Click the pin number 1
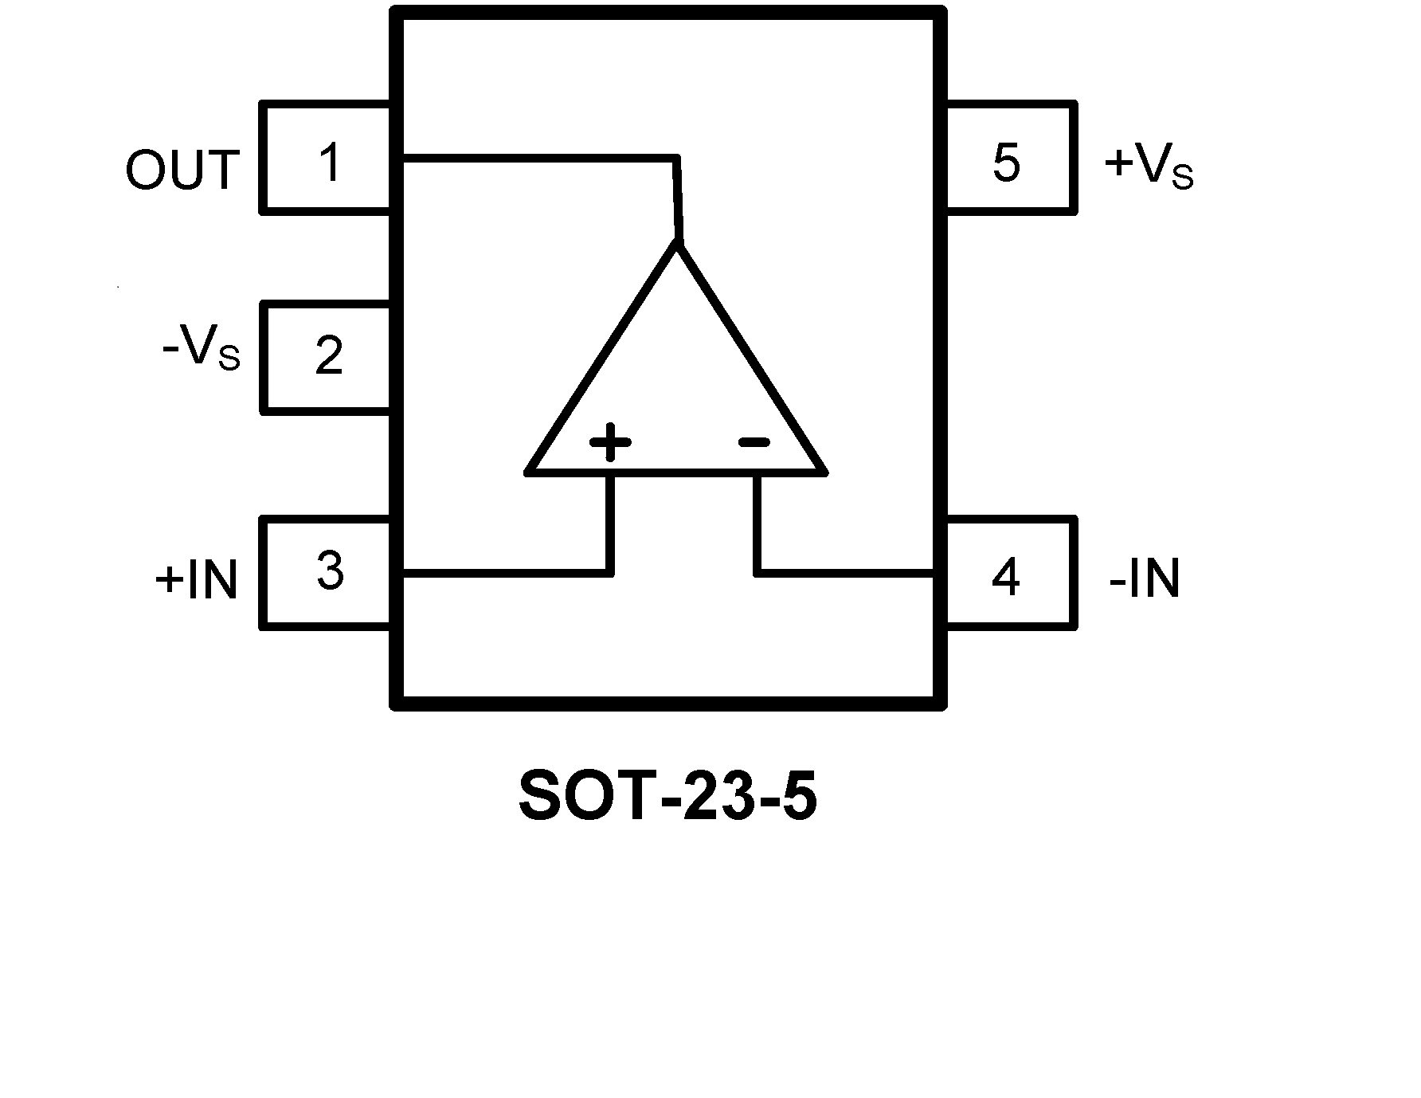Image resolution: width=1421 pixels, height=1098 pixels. click(x=329, y=163)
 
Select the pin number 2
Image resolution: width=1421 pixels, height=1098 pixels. click(x=329, y=355)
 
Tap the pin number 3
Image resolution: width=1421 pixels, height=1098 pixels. click(x=330, y=571)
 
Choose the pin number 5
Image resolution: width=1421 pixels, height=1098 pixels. click(x=1006, y=163)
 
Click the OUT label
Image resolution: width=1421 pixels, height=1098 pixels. click(x=182, y=170)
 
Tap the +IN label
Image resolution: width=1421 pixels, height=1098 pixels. click(x=197, y=579)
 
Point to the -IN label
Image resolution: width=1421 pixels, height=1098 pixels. click(x=1144, y=578)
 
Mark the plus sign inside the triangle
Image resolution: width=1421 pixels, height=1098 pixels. click(x=610, y=441)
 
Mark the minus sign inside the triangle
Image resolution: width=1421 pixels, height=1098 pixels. click(x=754, y=441)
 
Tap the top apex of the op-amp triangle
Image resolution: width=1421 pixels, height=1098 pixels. click(x=678, y=245)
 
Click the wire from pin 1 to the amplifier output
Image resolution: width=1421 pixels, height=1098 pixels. click(x=542, y=158)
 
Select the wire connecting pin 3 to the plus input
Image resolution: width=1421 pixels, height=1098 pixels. click(x=510, y=571)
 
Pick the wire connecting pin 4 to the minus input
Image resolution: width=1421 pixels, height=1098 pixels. click(x=844, y=571)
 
